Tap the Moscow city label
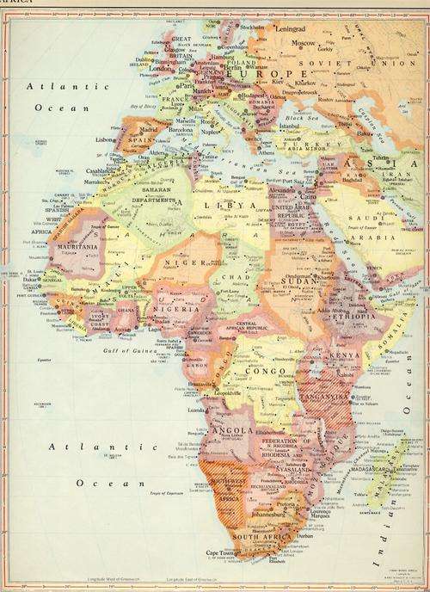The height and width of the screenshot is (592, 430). [303, 42]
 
